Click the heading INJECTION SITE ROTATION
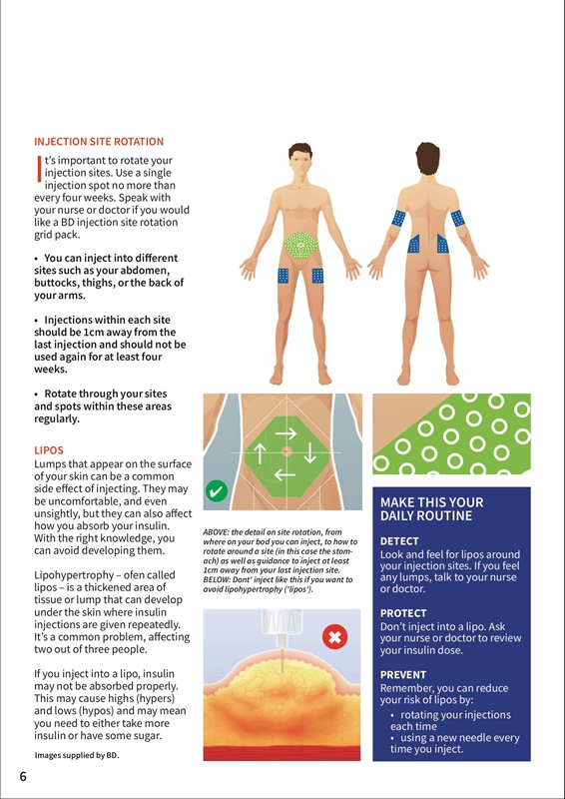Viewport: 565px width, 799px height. [x=99, y=142]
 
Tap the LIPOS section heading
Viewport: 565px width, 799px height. [x=49, y=450]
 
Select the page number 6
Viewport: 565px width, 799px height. [x=23, y=777]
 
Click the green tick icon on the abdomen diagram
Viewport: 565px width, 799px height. [x=217, y=491]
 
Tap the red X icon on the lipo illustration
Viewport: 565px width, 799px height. [x=335, y=636]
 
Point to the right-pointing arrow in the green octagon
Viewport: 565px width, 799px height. [x=285, y=433]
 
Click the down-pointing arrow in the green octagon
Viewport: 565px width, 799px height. [x=309, y=453]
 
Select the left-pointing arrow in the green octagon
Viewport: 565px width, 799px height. [x=284, y=475]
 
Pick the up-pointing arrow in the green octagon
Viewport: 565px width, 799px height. [x=260, y=453]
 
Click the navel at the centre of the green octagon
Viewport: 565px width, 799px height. [x=286, y=451]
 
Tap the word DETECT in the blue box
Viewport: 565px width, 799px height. [x=399, y=541]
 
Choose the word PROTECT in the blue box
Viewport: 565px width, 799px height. [x=403, y=613]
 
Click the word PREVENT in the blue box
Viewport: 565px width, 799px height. [x=403, y=675]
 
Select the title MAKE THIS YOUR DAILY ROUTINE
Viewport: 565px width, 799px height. [x=431, y=509]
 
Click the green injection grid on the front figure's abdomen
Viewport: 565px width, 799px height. [x=300, y=245]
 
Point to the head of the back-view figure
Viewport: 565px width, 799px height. [x=427, y=159]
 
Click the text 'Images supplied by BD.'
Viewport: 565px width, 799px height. [x=77, y=755]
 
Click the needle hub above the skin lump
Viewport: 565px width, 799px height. [x=282, y=625]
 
